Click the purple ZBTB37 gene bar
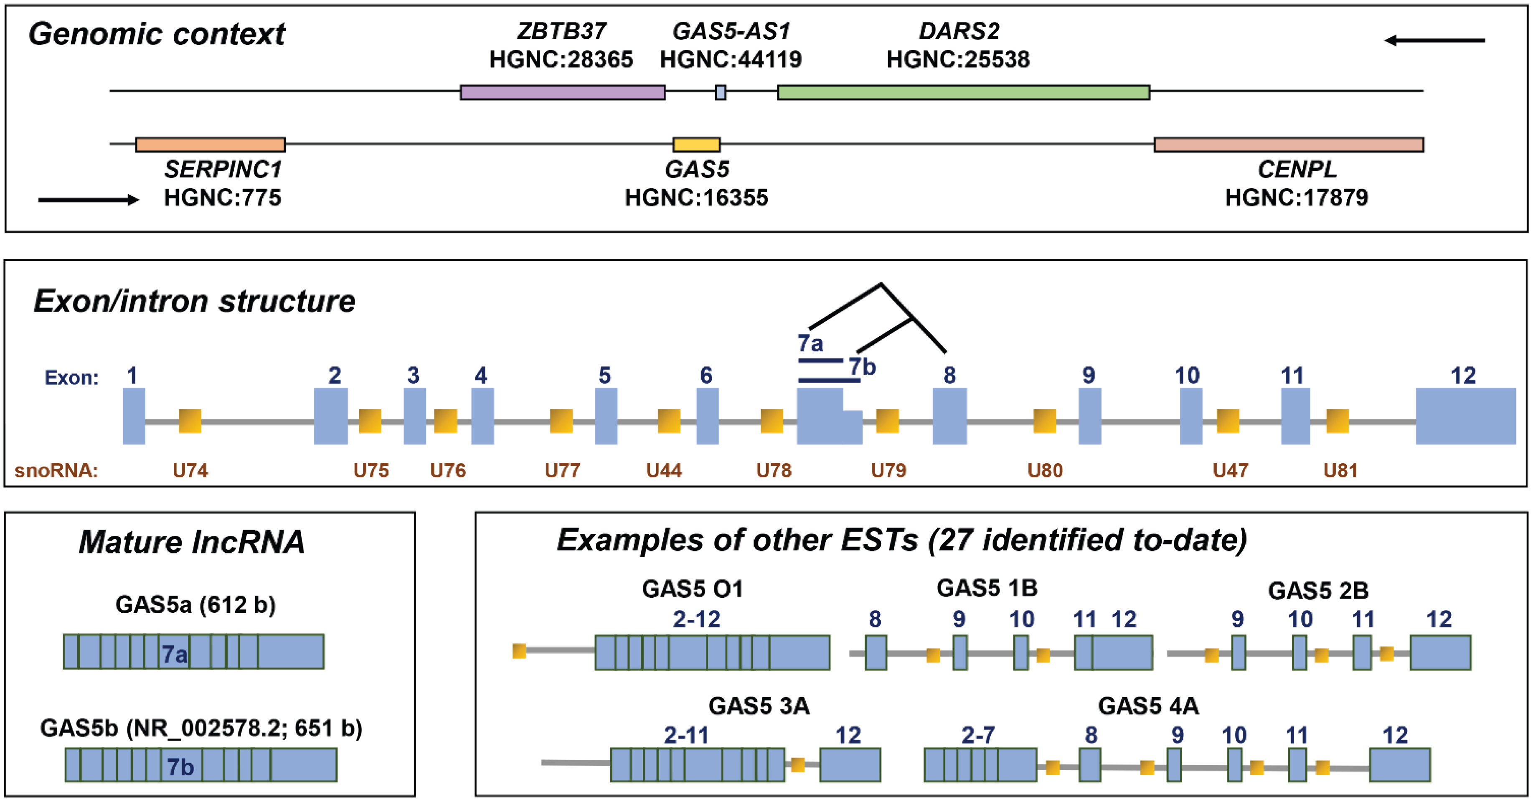pos(562,92)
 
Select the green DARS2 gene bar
pos(963,92)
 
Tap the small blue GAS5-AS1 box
pos(720,92)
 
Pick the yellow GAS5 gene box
pos(696,145)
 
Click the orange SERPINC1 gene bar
pos(210,145)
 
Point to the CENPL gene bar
pos(1288,145)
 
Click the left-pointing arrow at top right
pos(1434,41)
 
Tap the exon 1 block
pos(134,416)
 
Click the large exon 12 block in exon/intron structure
pos(1465,416)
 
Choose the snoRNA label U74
pos(190,471)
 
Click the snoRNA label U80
pos(1045,471)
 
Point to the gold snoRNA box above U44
pos(669,421)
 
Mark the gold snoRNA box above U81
pos(1337,421)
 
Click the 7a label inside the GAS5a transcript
pos(174,655)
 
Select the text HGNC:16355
pos(696,198)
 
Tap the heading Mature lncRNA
pos(192,542)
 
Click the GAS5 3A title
pos(759,706)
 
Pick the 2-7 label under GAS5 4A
pos(978,735)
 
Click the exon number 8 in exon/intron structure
pos(950,376)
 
